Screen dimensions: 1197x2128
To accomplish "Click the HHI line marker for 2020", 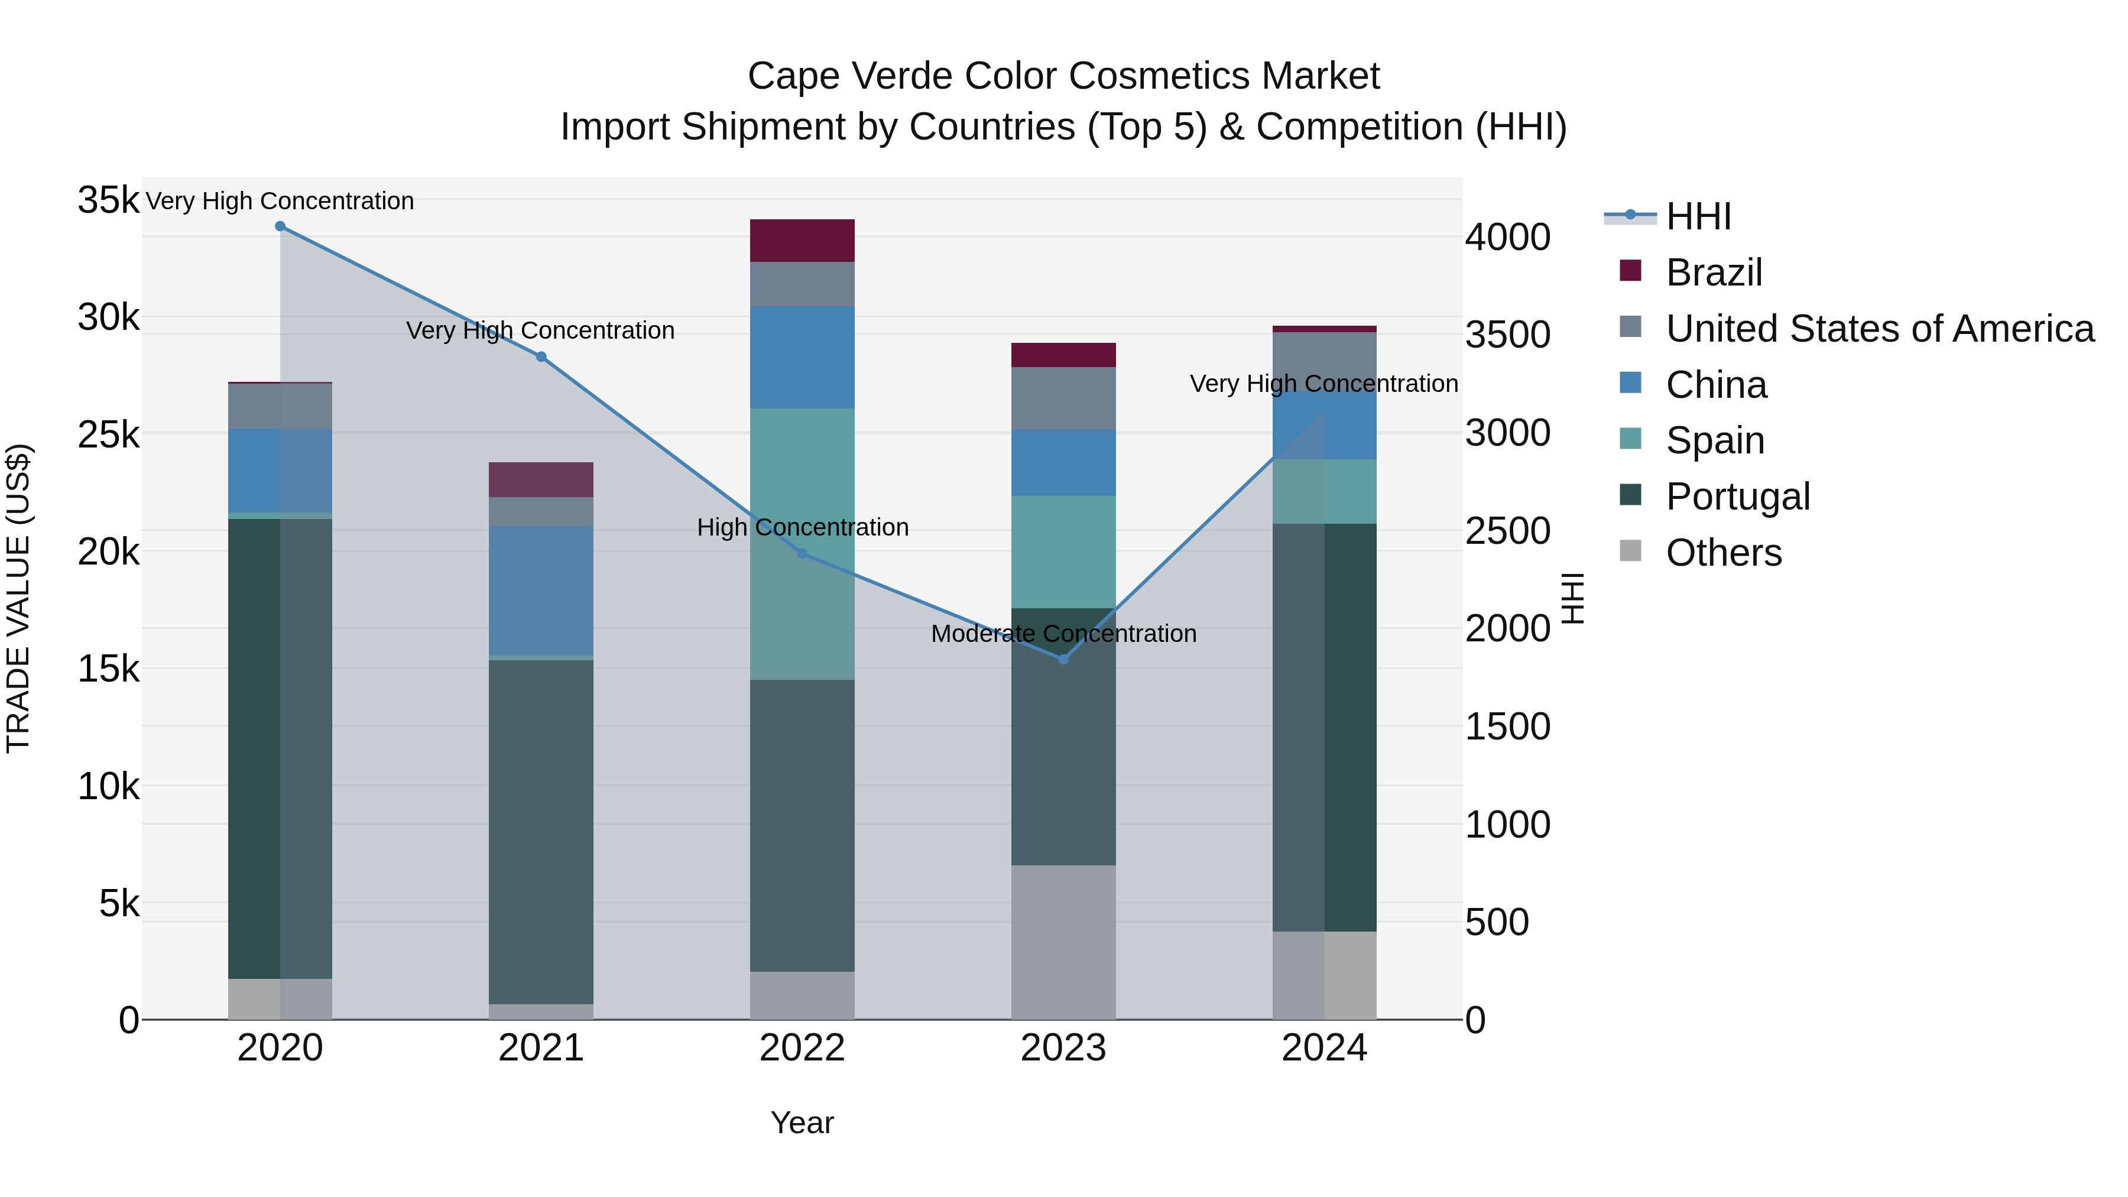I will [x=280, y=226].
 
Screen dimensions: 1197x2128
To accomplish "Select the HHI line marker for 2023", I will [x=1063, y=659].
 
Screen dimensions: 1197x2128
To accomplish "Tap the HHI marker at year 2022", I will [x=802, y=553].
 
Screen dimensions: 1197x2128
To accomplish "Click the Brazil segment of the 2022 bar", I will [x=802, y=241].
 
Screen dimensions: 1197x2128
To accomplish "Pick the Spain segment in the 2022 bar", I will [x=802, y=544].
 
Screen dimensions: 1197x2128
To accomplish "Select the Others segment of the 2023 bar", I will [x=1063, y=942].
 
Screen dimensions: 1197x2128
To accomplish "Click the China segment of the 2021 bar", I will [x=541, y=591].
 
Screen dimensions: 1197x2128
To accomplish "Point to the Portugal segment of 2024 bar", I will [x=1324, y=727].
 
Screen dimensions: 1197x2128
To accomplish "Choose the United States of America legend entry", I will [x=1879, y=328].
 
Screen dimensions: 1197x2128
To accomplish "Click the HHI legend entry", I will [x=1698, y=216].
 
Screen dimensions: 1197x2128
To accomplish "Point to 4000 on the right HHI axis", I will [x=1507, y=237].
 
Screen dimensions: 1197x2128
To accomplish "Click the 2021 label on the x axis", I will [x=541, y=1048].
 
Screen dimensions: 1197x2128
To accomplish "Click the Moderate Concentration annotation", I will [x=1063, y=634].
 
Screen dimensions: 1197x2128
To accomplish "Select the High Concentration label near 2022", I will [x=802, y=527].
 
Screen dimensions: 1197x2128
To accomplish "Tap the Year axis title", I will [x=802, y=1123].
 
